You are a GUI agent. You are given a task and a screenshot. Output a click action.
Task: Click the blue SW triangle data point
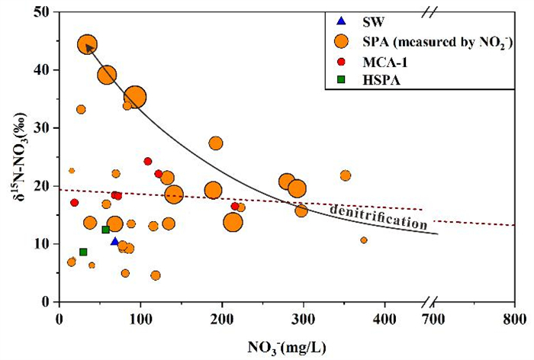point(114,241)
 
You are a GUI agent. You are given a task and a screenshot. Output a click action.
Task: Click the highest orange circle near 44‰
point(87,44)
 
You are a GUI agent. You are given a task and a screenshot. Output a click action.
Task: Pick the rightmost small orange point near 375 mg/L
point(364,240)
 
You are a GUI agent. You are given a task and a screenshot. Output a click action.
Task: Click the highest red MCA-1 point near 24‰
point(148,161)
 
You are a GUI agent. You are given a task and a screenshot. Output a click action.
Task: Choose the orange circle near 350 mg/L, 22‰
point(346,175)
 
